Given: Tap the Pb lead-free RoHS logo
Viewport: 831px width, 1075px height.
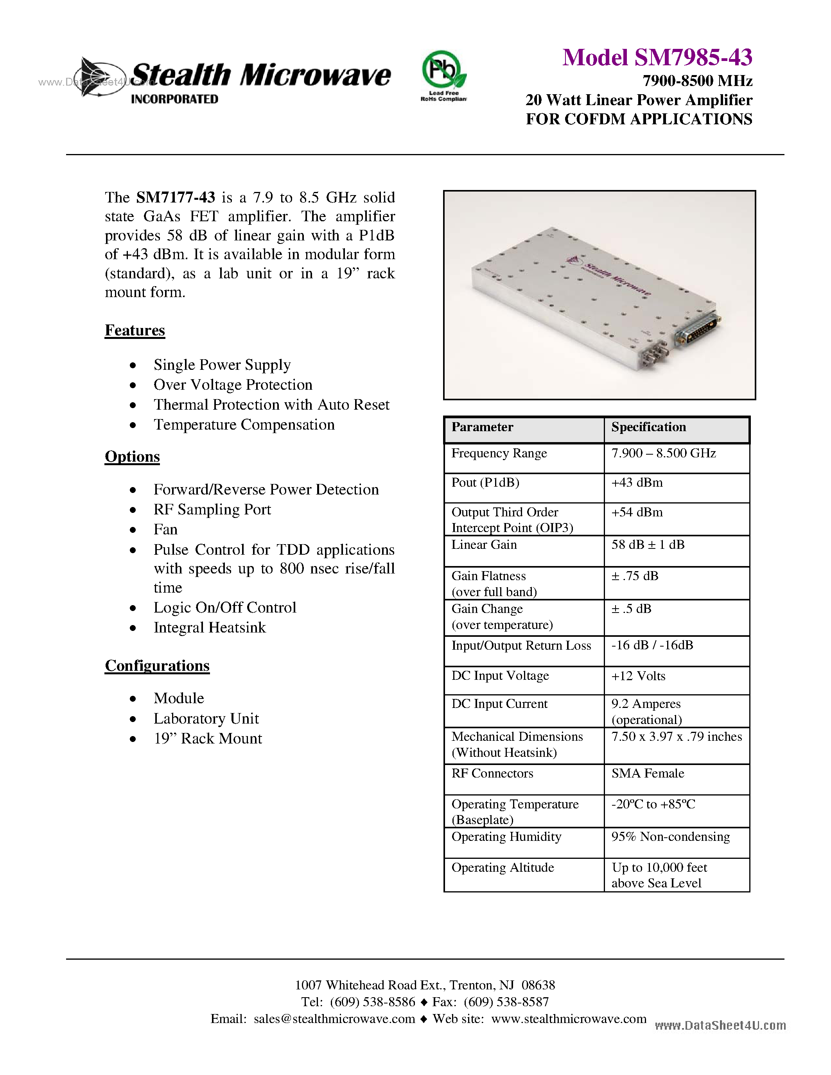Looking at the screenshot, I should pyautogui.click(x=443, y=76).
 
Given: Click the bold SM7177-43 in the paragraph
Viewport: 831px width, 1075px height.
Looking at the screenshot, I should pyautogui.click(x=175, y=197).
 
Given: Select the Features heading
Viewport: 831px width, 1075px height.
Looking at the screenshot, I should pyautogui.click(x=135, y=330).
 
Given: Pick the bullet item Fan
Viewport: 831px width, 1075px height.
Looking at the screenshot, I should pyautogui.click(x=165, y=530).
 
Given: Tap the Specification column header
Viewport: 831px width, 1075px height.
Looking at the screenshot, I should pyautogui.click(x=648, y=427).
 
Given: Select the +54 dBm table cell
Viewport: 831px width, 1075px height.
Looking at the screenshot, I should pyautogui.click(x=637, y=512).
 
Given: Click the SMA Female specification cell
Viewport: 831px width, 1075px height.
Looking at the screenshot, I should pyautogui.click(x=647, y=773).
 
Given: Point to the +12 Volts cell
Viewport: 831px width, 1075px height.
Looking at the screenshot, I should pyautogui.click(x=638, y=676).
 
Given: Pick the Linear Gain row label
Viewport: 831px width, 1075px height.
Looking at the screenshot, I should pyautogui.click(x=484, y=545).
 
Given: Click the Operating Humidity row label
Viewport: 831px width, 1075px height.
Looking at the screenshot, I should pyautogui.click(x=506, y=837).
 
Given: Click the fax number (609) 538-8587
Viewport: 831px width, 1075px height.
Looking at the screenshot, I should pyautogui.click(x=506, y=1002).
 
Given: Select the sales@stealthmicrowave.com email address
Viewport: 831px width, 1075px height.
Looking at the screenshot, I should pyautogui.click(x=334, y=1019).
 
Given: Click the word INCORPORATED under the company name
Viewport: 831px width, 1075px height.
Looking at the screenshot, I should pyautogui.click(x=174, y=99).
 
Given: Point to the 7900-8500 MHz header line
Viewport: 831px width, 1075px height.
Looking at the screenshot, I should pyautogui.click(x=697, y=81).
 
